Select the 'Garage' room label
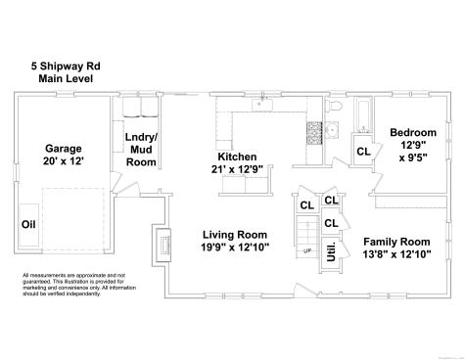point(62,149)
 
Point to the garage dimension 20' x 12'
point(62,164)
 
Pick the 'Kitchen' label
point(237,157)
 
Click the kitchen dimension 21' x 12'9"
point(237,171)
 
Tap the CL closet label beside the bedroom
point(362,152)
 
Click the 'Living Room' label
point(234,235)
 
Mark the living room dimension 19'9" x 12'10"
point(234,249)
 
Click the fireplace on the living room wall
point(162,245)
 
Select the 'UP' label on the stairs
point(307,251)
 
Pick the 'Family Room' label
point(396,242)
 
